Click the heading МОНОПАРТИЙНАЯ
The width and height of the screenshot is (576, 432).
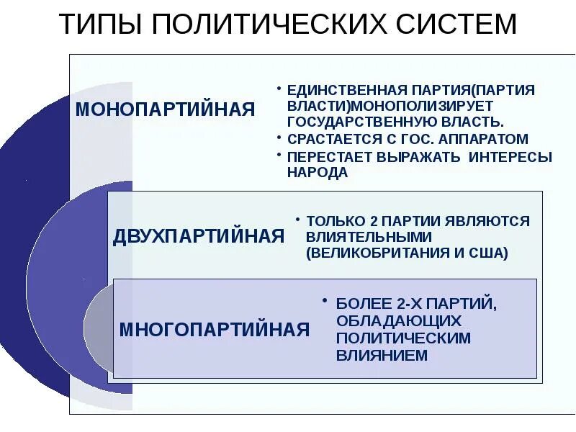click(166, 109)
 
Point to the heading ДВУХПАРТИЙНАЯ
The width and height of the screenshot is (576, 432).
click(199, 236)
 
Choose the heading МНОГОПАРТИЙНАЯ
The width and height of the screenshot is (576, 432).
click(214, 330)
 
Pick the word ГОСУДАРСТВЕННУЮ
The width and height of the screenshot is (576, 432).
click(351, 122)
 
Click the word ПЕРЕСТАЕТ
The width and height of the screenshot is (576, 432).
click(325, 157)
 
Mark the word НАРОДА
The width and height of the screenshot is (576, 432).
click(318, 173)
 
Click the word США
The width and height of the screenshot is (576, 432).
click(491, 253)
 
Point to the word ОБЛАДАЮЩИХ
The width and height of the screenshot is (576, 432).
click(398, 320)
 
